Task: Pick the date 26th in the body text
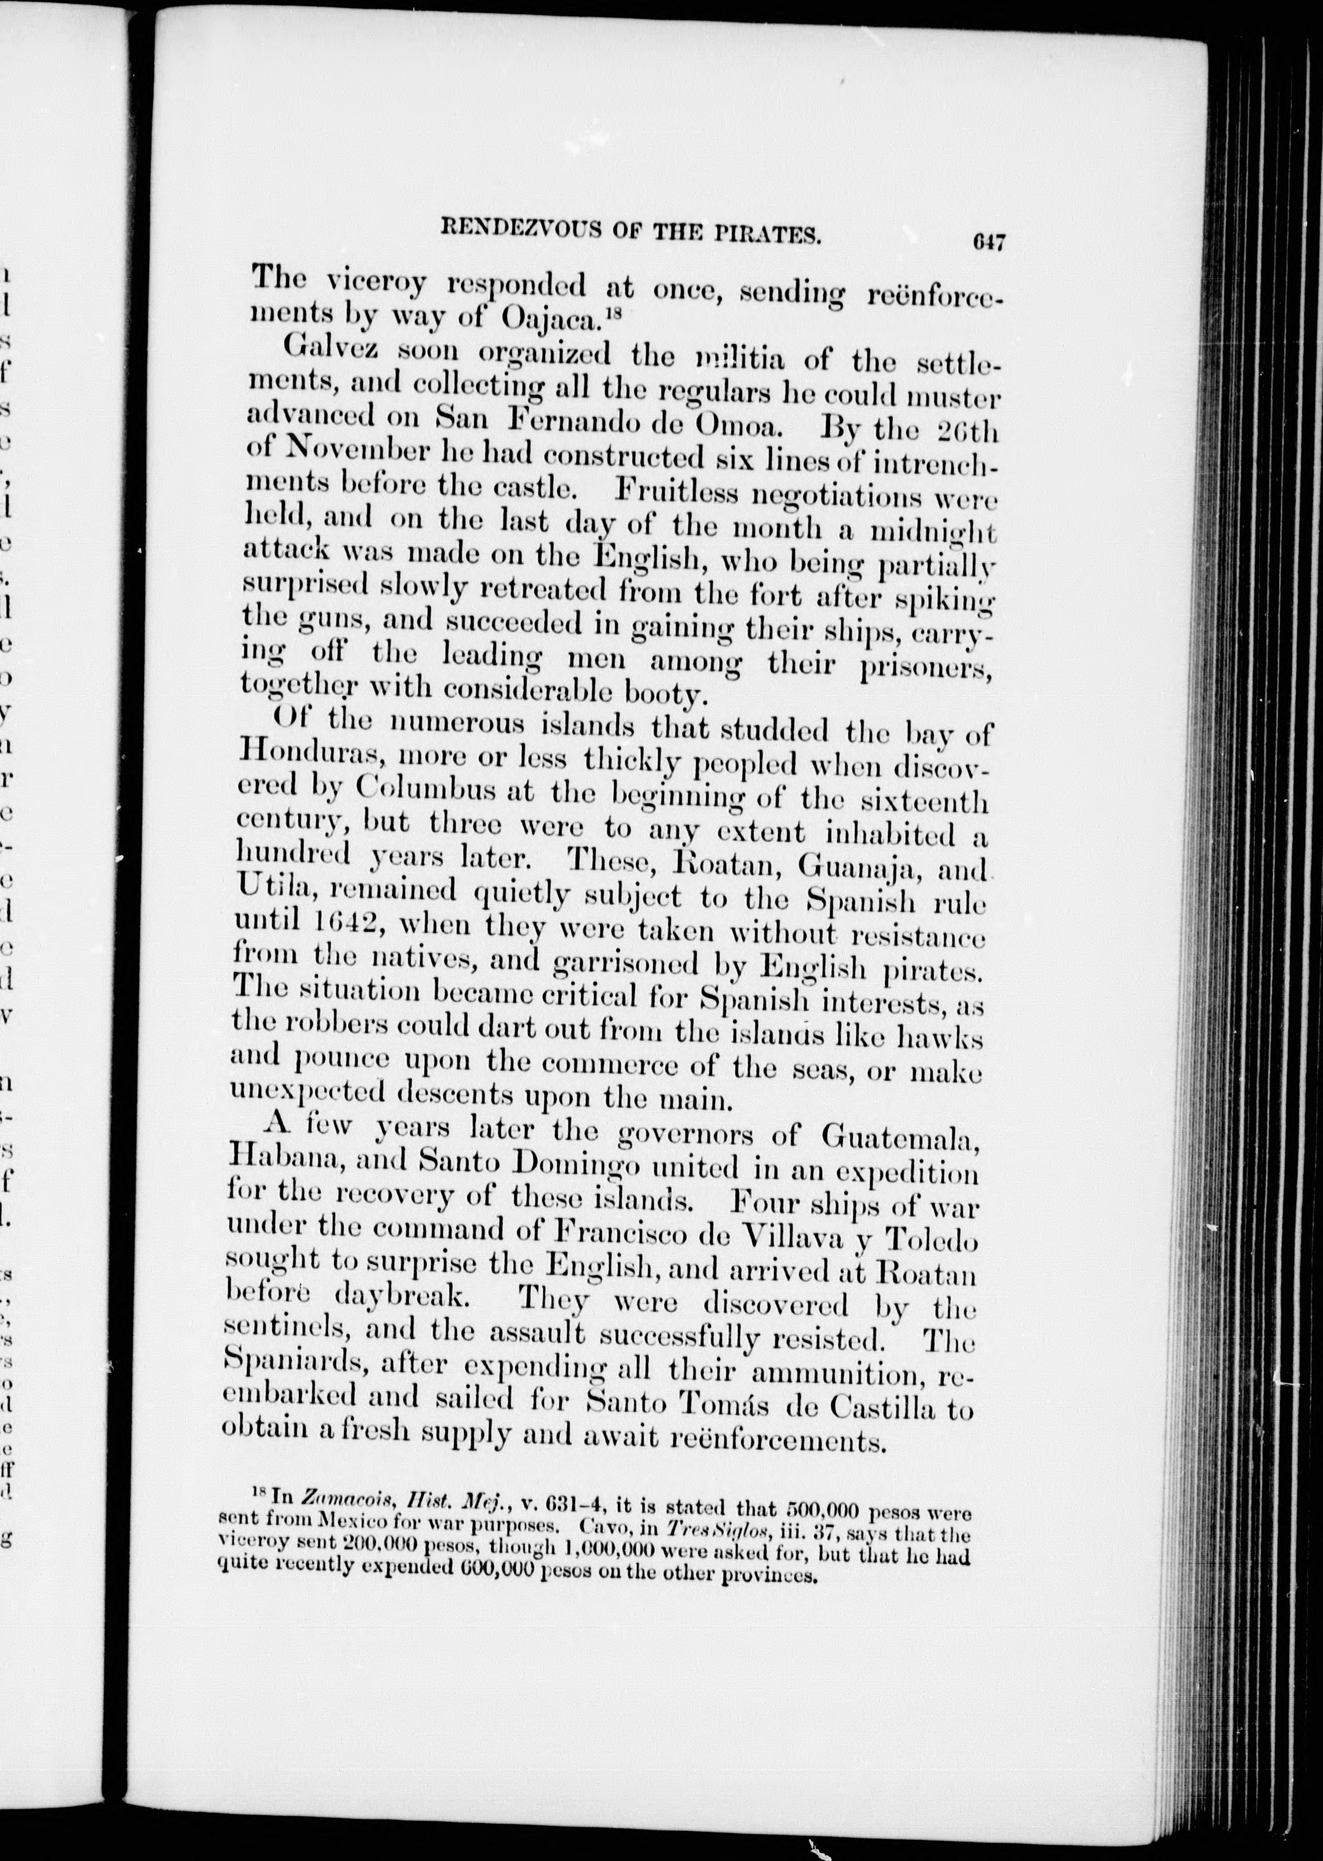point(967,430)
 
